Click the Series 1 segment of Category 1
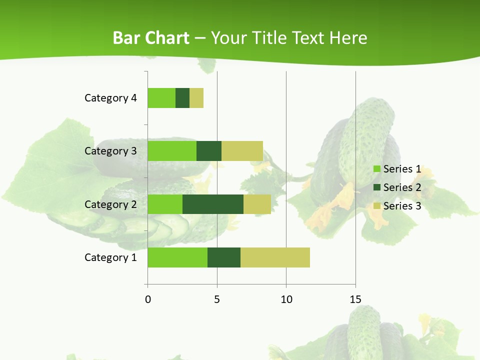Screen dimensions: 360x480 [x=177, y=257]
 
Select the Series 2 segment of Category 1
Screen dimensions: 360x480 [x=224, y=257]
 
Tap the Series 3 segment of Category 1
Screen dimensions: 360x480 [x=275, y=257]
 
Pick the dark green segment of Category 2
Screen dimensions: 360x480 [x=213, y=204]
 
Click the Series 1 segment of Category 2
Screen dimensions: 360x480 [x=165, y=204]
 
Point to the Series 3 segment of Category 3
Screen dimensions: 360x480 [x=242, y=151]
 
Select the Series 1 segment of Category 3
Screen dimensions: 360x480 [x=172, y=151]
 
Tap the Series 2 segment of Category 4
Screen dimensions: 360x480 [x=182, y=98]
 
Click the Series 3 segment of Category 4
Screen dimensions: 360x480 [x=196, y=98]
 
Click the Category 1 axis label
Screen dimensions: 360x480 [x=110, y=257]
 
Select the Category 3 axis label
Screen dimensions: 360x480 [x=110, y=151]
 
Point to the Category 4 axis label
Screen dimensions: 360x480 [x=110, y=98]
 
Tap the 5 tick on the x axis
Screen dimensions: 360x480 [x=217, y=299]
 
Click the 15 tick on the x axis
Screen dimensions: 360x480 [x=355, y=299]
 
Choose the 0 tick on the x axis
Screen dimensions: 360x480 [x=148, y=299]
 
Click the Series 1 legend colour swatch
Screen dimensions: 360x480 [x=377, y=169]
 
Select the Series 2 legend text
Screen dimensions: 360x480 [x=402, y=187]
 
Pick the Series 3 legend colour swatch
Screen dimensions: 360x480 [x=377, y=206]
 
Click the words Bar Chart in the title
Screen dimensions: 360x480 [x=151, y=38]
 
